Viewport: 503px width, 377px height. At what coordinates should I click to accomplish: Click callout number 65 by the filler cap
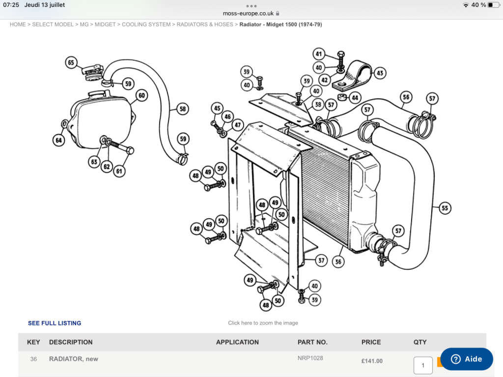(x=71, y=62)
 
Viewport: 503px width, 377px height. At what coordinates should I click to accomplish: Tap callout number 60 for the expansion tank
(x=141, y=95)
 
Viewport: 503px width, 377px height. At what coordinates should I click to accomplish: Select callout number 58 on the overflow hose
(x=183, y=109)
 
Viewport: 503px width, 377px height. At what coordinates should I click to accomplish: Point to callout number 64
(x=59, y=141)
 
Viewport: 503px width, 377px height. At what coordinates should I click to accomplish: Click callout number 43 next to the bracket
(x=380, y=73)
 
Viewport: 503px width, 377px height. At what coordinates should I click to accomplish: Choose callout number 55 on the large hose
(x=445, y=208)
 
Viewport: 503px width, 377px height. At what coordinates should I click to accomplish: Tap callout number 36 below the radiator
(x=338, y=261)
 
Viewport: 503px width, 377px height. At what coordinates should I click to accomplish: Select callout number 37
(x=321, y=261)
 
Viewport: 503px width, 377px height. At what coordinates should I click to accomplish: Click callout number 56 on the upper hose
(x=406, y=97)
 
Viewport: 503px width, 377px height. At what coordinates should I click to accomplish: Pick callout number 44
(x=355, y=98)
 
